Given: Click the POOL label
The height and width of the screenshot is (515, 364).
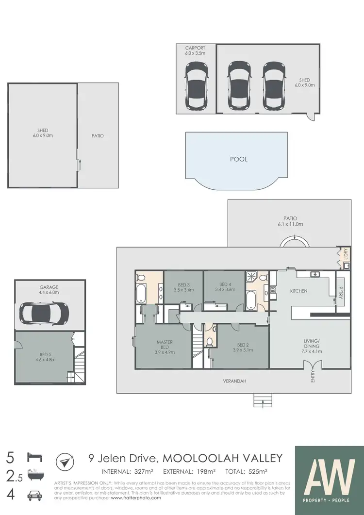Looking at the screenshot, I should tap(238, 159).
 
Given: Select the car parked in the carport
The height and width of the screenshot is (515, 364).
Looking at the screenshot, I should tap(196, 87).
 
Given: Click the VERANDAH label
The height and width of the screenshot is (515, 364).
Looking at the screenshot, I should tap(235, 382).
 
